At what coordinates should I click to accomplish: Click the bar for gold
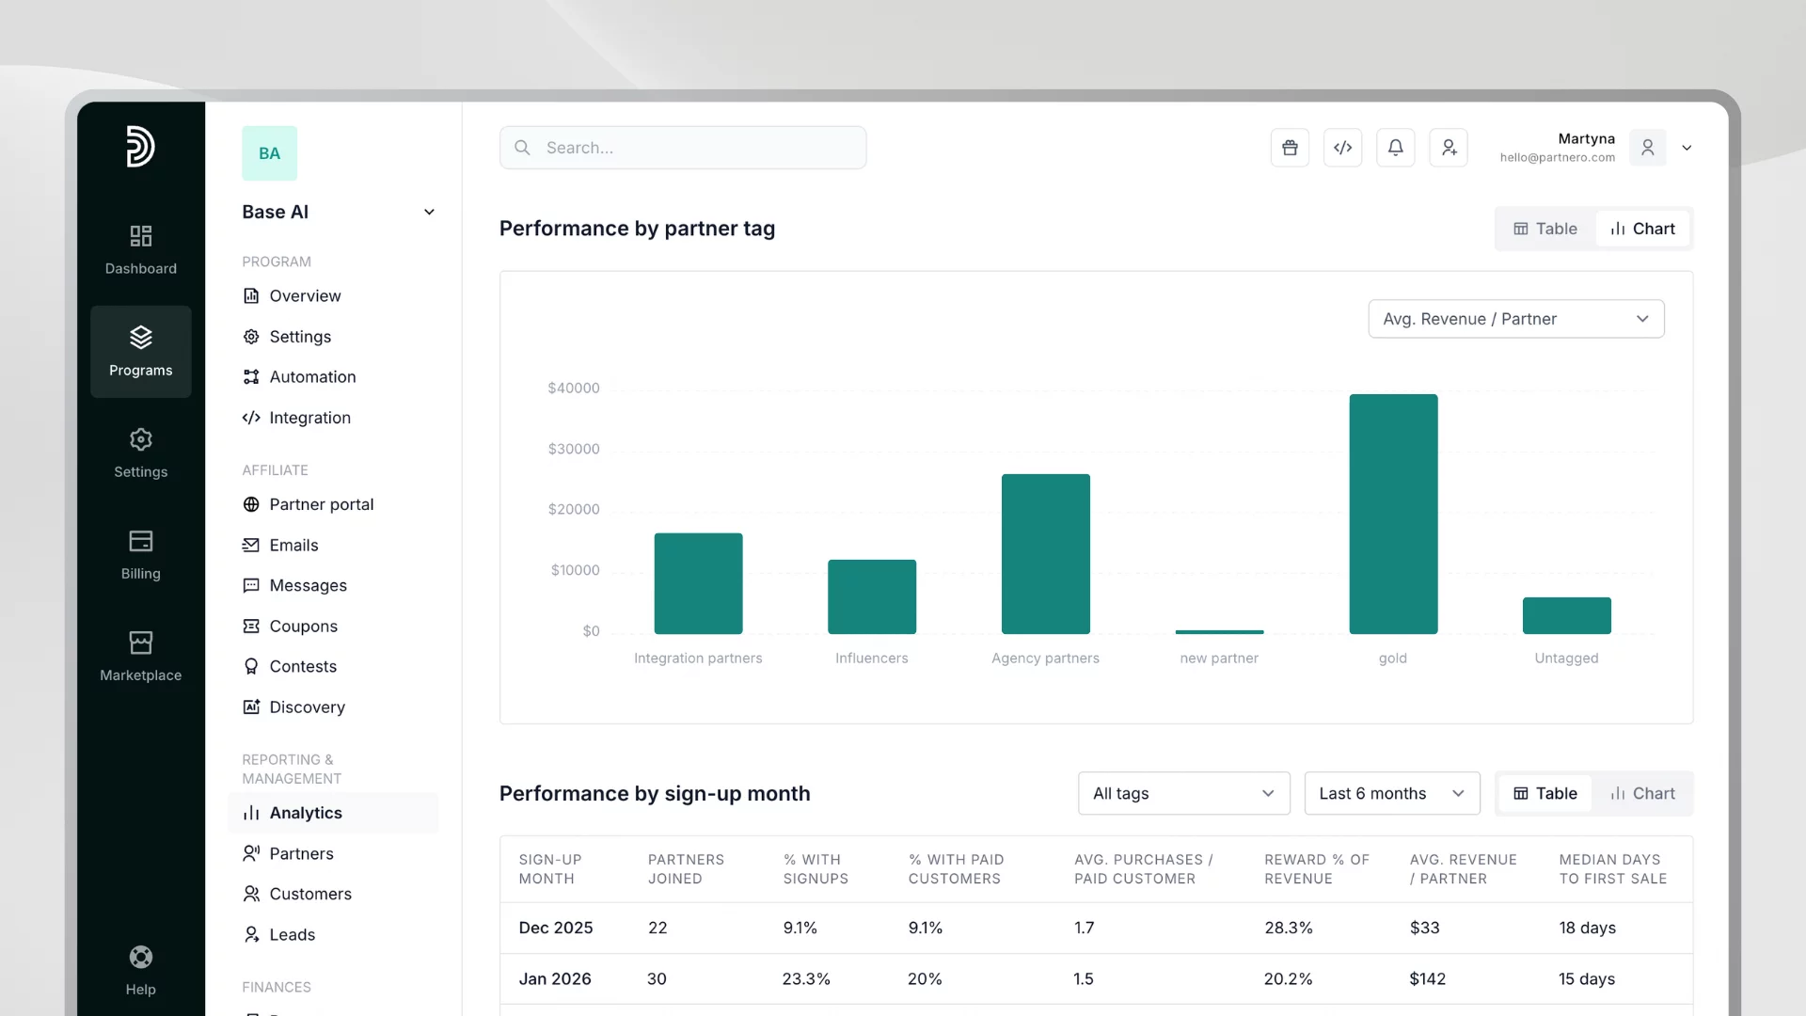pyautogui.click(x=1393, y=514)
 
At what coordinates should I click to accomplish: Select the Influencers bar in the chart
pyautogui.click(x=872, y=596)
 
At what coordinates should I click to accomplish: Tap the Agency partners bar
pyautogui.click(x=1045, y=554)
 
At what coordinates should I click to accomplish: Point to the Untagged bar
pyautogui.click(x=1566, y=615)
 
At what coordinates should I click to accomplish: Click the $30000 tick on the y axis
pyautogui.click(x=574, y=449)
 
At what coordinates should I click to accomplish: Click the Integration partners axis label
pyautogui.click(x=698, y=659)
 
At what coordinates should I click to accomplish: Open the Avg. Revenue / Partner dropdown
pyautogui.click(x=1515, y=319)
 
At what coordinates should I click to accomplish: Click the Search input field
pyautogui.click(x=683, y=148)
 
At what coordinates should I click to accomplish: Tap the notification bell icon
pyautogui.click(x=1395, y=148)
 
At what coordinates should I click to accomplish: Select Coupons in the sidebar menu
pyautogui.click(x=303, y=626)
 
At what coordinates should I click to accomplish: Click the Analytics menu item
pyautogui.click(x=306, y=813)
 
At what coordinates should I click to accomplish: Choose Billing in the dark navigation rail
pyautogui.click(x=141, y=555)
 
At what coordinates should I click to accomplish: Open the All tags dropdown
pyautogui.click(x=1183, y=793)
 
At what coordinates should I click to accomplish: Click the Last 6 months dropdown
pyautogui.click(x=1391, y=793)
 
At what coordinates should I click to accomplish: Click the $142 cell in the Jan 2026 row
pyautogui.click(x=1427, y=978)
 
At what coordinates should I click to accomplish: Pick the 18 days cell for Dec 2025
pyautogui.click(x=1587, y=928)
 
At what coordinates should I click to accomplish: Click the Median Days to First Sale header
pyautogui.click(x=1612, y=869)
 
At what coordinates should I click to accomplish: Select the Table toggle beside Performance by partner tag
pyautogui.click(x=1545, y=229)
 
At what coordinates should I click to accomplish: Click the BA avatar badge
pyautogui.click(x=269, y=153)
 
